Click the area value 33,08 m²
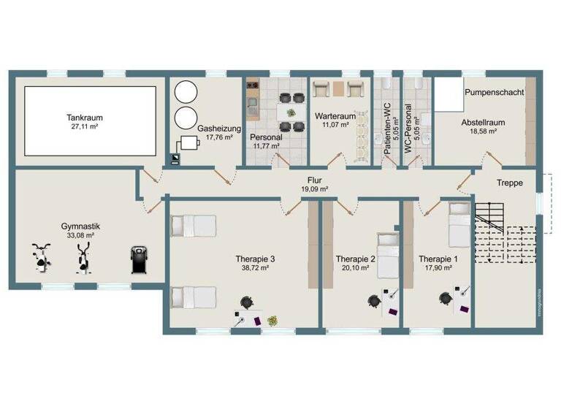(80, 236)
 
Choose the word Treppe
(508, 183)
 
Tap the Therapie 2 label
(356, 259)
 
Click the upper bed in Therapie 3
(194, 226)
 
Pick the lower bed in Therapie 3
(194, 298)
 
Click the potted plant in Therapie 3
(272, 320)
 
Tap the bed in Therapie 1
(459, 226)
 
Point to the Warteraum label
(335, 116)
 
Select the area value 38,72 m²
(255, 268)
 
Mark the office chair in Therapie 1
(445, 299)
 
